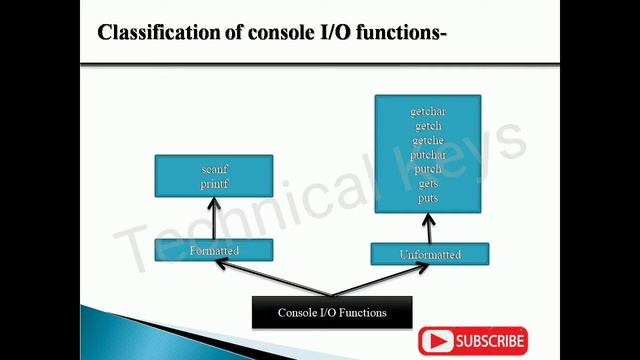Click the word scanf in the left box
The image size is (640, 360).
point(214,170)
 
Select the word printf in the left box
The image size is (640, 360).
point(214,183)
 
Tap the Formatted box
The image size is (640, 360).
point(214,250)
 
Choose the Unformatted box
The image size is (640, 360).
point(430,254)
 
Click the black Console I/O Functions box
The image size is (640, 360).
point(331,313)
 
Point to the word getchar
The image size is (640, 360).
point(427,112)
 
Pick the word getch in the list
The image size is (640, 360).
point(427,126)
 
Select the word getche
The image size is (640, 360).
point(427,140)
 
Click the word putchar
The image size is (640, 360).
point(427,155)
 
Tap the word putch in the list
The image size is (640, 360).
point(427,169)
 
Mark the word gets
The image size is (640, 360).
point(427,184)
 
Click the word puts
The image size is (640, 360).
point(427,198)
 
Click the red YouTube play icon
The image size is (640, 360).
point(438,341)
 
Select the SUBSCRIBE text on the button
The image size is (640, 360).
point(490,341)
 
